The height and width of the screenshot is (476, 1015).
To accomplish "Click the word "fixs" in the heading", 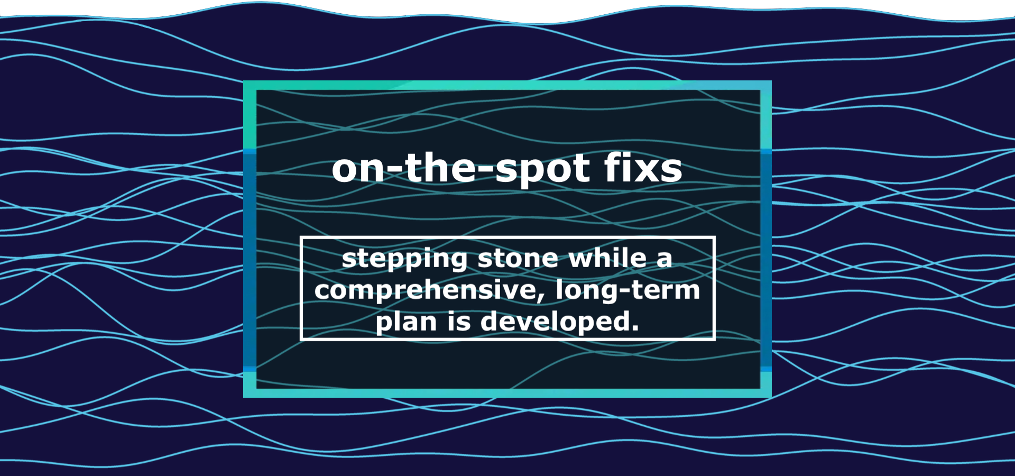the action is [643, 168].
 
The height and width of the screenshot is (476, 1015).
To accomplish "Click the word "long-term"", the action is [628, 290].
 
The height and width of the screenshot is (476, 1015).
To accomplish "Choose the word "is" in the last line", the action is [459, 321].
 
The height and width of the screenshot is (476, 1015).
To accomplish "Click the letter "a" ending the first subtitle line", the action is [665, 260].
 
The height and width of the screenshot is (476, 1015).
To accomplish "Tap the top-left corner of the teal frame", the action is [244, 81].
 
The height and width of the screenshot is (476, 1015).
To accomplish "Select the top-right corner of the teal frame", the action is [771, 81].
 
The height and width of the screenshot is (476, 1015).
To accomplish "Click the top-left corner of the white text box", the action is [300, 236].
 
